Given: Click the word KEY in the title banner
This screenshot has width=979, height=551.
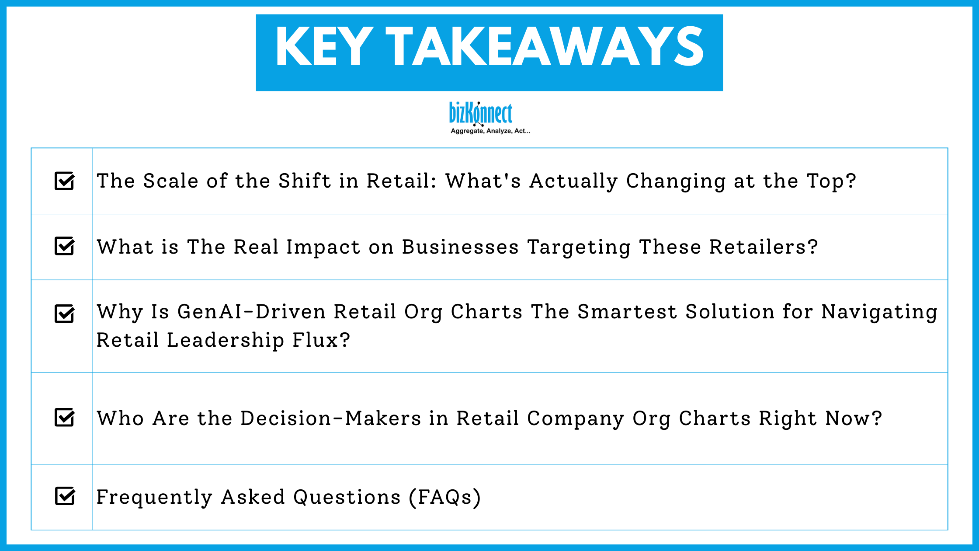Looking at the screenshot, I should point(324,47).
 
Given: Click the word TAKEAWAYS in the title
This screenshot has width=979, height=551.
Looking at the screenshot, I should point(544,47).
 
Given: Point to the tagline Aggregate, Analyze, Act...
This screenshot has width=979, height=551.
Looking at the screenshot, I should point(490,131).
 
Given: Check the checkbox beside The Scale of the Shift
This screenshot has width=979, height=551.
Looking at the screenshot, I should point(64,181).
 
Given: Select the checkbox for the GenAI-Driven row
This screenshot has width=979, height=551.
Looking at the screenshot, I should point(64,314).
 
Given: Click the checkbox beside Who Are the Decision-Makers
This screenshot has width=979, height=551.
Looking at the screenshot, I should point(64,417).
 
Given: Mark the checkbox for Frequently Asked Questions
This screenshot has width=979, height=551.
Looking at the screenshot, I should point(65,496).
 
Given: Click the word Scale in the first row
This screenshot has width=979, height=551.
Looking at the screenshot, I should point(170,181).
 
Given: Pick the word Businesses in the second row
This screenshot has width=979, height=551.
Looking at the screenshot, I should point(460,247).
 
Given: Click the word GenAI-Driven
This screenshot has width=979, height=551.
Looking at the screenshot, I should point(251,312).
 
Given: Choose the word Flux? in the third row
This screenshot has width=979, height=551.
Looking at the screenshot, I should point(321,340).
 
